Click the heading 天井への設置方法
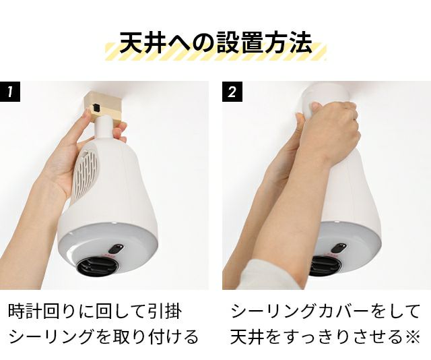pyautogui.click(x=215, y=43)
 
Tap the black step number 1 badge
pyautogui.click(x=10, y=92)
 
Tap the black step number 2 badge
pyautogui.click(x=232, y=92)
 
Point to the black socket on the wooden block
pyautogui.click(x=96, y=108)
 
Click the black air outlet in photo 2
pyautogui.click(x=326, y=266)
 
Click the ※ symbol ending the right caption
pyautogui.click(x=411, y=336)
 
